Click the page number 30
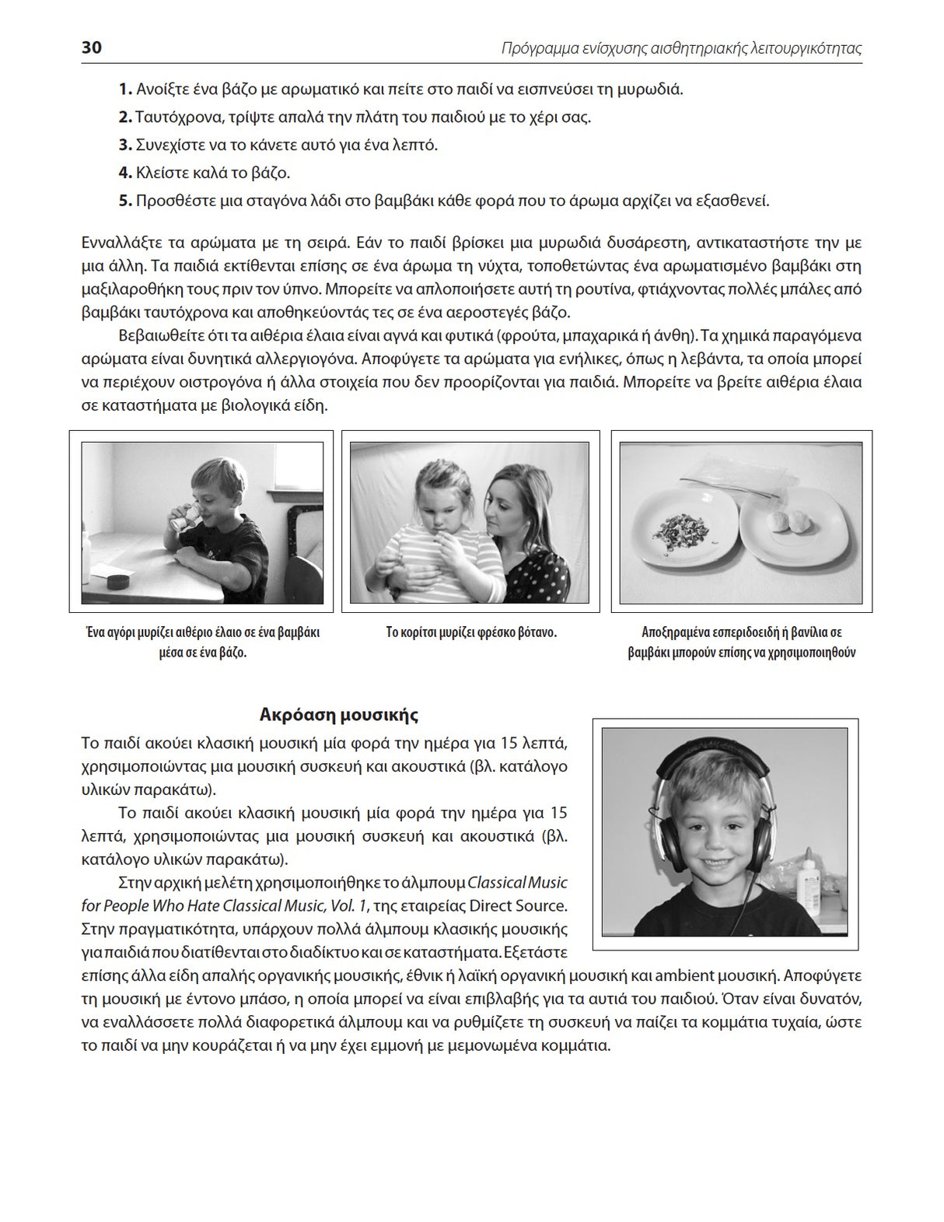click(91, 47)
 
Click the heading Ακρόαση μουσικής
click(339, 714)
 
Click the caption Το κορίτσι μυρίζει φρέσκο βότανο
click(471, 632)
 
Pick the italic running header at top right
click(681, 48)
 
